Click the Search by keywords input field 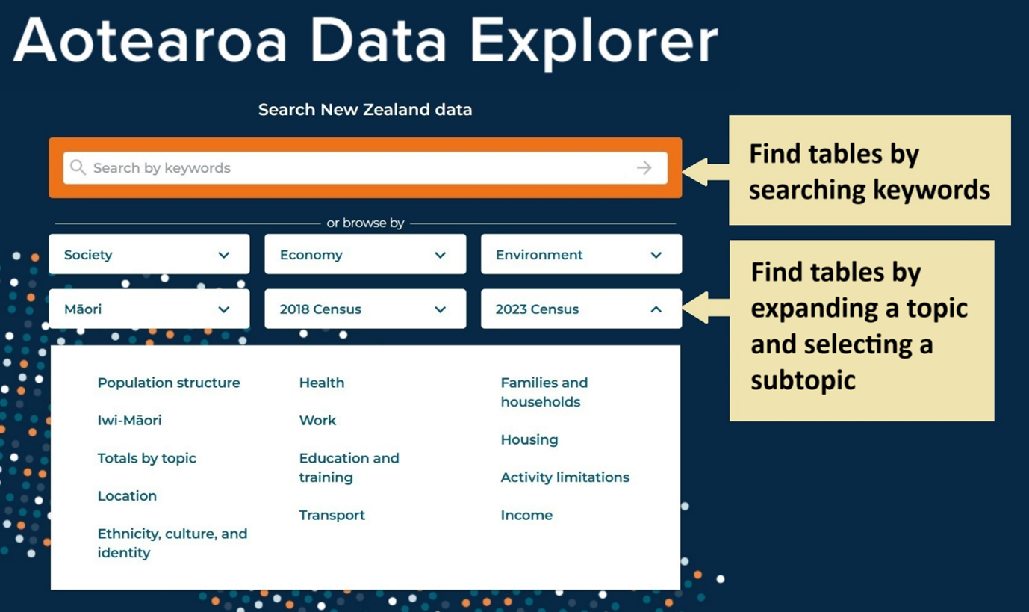tap(365, 168)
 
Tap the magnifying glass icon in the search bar tap(78, 167)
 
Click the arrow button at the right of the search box tap(644, 168)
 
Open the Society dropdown tap(149, 254)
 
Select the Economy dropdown tap(365, 254)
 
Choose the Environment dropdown tap(581, 254)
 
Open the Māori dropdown tap(149, 309)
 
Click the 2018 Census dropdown tap(365, 309)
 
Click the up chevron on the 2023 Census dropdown tap(656, 309)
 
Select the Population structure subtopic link tap(169, 383)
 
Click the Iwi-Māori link tap(129, 420)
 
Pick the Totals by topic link tap(146, 458)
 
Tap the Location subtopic tap(127, 495)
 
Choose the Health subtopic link tap(322, 383)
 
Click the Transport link tap(332, 515)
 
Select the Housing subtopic tap(529, 439)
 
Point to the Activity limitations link tap(565, 477)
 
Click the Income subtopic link tap(526, 515)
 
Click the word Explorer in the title tap(594, 42)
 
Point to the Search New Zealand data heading tap(365, 109)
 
